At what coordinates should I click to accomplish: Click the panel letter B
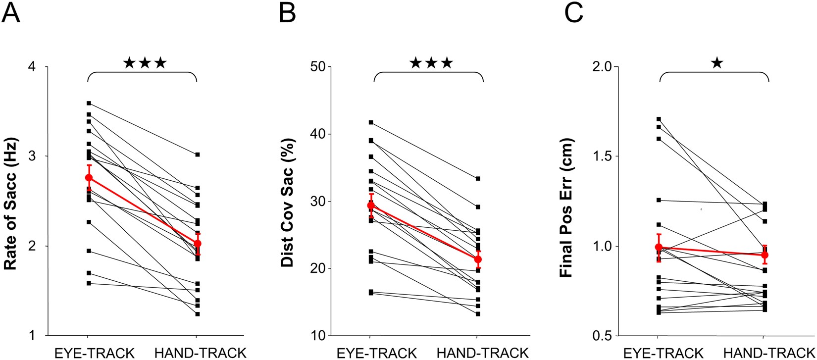(287, 13)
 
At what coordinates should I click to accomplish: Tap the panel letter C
(575, 13)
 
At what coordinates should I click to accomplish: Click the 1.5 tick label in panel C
(600, 156)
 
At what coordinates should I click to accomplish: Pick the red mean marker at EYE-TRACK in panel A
(89, 177)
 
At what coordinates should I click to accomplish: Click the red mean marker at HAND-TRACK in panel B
(478, 259)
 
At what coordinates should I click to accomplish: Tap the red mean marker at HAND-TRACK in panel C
(765, 255)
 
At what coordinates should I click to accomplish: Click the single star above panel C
(717, 63)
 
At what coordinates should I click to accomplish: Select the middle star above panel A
(145, 63)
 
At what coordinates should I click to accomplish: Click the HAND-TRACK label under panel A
(201, 353)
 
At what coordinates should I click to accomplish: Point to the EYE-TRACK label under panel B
(377, 353)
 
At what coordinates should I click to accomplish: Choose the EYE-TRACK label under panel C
(663, 353)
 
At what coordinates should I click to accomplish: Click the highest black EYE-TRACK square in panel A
(89, 103)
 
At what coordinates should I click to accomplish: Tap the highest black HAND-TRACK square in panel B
(478, 178)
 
